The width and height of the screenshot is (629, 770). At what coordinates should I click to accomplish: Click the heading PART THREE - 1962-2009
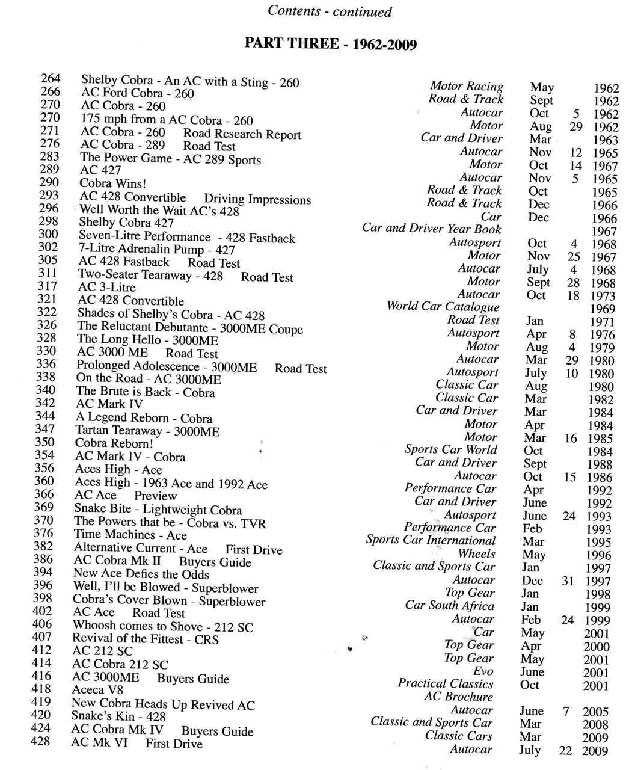330,44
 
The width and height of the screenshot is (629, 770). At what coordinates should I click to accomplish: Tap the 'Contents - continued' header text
330,11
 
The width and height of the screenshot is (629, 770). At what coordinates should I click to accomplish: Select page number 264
51,78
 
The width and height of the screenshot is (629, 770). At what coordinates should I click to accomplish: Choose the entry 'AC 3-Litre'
107,287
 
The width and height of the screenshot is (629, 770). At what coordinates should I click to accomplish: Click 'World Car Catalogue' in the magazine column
443,306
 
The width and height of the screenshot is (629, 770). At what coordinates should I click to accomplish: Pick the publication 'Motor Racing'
467,87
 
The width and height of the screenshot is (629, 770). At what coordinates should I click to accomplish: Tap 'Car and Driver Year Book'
431,229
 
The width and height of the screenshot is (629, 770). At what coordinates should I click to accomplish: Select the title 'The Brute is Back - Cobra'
145,392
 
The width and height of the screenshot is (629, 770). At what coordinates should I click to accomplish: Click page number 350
45,442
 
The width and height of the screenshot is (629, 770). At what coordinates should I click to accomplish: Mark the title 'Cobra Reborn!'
114,443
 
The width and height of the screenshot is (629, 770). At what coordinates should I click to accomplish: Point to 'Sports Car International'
431,540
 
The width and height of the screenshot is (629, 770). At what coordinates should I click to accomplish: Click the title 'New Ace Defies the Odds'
141,574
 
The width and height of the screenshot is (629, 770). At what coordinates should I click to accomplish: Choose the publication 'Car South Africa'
450,606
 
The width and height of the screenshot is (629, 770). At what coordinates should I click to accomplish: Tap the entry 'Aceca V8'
97,690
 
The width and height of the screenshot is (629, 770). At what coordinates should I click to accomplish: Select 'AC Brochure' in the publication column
458,697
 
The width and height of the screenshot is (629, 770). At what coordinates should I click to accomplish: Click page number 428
41,741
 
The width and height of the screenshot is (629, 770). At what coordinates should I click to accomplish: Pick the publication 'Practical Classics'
446,683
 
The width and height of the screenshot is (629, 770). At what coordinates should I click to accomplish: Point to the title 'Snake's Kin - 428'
118,716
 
